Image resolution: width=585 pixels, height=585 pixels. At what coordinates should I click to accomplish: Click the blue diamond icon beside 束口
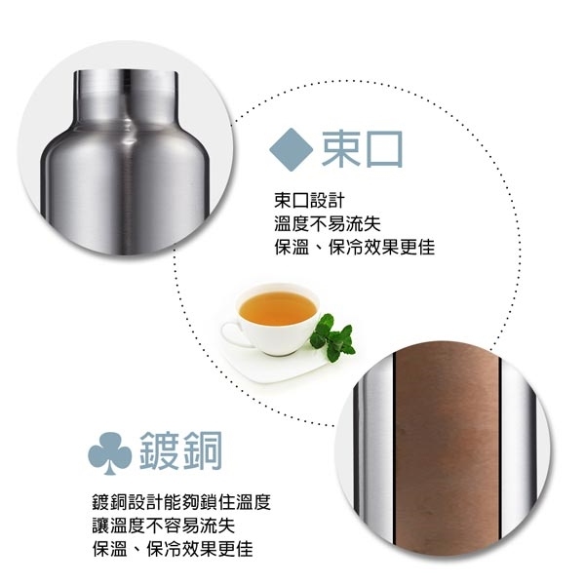tap(290, 148)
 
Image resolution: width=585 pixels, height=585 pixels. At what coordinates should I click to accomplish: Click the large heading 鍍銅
tap(182, 451)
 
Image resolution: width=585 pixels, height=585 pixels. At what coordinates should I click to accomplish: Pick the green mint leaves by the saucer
tap(333, 336)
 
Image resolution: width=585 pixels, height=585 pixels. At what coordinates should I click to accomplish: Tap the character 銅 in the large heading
tap(203, 451)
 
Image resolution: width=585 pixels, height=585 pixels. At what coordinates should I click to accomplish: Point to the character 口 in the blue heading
tap(383, 148)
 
